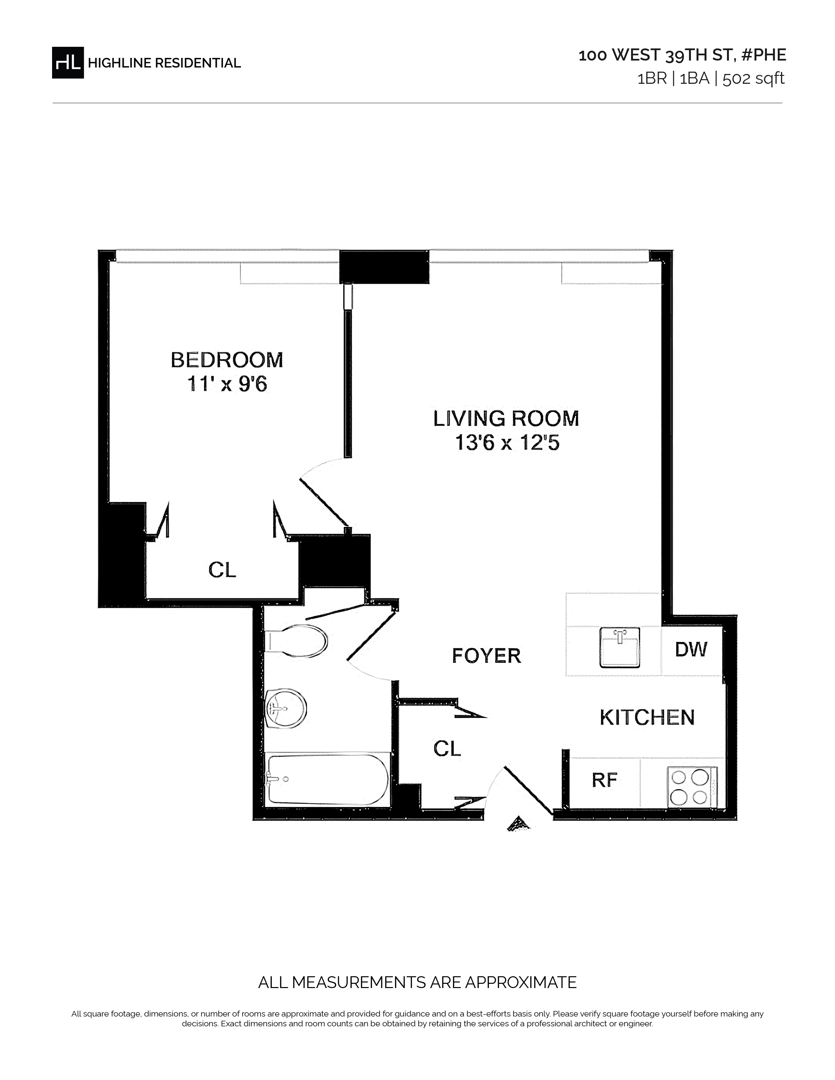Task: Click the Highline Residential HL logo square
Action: pyautogui.click(x=68, y=62)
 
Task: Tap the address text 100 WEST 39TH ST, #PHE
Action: pyautogui.click(x=682, y=55)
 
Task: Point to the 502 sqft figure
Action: pyautogui.click(x=753, y=79)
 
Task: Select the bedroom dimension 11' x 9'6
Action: pyautogui.click(x=227, y=384)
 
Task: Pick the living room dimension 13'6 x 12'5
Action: pyautogui.click(x=507, y=442)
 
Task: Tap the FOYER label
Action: pyautogui.click(x=487, y=656)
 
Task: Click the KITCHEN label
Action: pyautogui.click(x=647, y=717)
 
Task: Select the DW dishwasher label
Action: pyautogui.click(x=691, y=649)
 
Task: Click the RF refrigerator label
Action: pyautogui.click(x=604, y=780)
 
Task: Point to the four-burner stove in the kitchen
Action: pyautogui.click(x=692, y=787)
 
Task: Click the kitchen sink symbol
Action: pyautogui.click(x=619, y=647)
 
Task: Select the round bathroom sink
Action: pyautogui.click(x=286, y=708)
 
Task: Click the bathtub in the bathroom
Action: pyautogui.click(x=327, y=780)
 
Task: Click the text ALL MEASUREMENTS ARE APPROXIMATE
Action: pyautogui.click(x=417, y=982)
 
